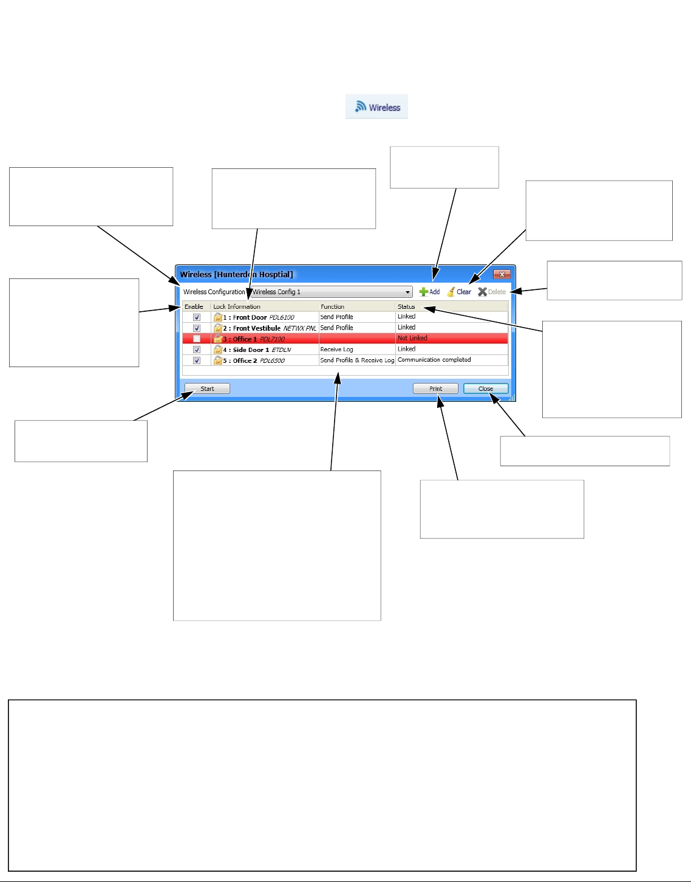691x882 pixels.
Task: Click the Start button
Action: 207,389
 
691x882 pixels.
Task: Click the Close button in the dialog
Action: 485,389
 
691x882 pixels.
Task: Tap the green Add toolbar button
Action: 430,292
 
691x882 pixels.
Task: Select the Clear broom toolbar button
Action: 460,292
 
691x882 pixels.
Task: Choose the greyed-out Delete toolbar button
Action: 492,292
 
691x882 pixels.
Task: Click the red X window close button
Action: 502,275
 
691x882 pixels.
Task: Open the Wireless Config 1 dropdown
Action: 332,292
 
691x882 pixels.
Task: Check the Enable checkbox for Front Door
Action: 197,317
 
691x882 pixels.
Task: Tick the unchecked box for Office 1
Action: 197,339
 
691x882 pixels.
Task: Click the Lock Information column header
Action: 237,307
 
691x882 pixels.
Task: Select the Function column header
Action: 333,307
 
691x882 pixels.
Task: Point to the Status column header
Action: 406,307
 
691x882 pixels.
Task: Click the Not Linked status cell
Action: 412,339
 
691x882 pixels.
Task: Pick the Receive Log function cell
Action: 336,350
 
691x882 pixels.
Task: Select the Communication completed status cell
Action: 434,360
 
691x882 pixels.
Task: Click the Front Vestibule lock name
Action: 256,328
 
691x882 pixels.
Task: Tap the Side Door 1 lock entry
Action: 251,350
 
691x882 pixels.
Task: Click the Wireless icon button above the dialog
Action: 377,107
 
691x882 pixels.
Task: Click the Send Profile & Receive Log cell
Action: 357,360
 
